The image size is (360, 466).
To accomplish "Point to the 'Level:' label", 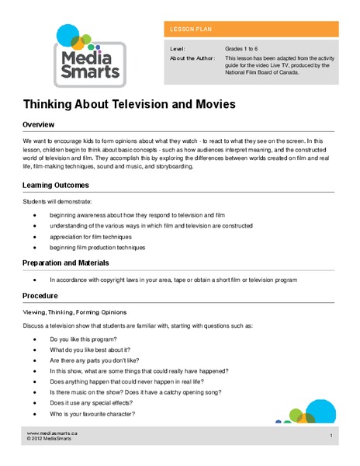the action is [x=177, y=48].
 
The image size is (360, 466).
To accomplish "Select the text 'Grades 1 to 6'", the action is [x=243, y=48].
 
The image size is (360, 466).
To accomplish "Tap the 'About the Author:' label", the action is [x=191, y=57].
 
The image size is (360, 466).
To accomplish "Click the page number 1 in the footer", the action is [x=331, y=436].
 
